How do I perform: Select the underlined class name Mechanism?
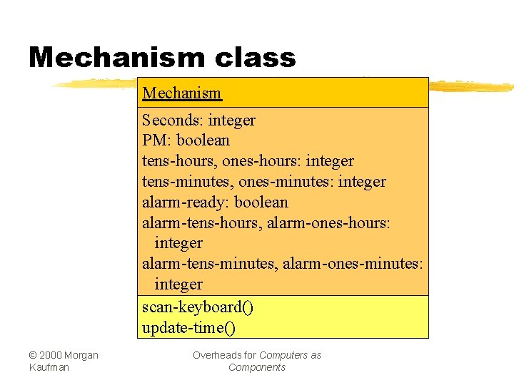point(182,93)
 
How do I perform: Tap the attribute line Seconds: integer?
point(198,120)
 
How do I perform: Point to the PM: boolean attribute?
point(186,140)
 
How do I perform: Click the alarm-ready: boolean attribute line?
point(215,202)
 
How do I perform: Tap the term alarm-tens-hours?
point(202,223)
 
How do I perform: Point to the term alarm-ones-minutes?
point(353,265)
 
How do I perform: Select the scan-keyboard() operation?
point(198,307)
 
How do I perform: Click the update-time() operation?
point(188,328)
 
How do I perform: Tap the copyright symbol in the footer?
point(34,355)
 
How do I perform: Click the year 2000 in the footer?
point(51,355)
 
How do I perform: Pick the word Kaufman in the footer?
point(49,367)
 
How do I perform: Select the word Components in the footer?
point(257,367)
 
